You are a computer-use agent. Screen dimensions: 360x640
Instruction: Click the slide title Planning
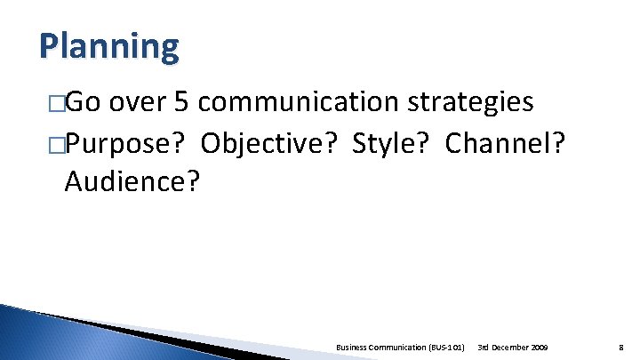pyautogui.click(x=108, y=46)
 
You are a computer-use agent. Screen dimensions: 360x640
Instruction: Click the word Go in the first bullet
pyautogui.click(x=84, y=103)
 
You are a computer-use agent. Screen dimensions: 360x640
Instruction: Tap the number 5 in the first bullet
pyautogui.click(x=181, y=103)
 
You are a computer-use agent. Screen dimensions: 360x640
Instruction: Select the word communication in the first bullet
pyautogui.click(x=298, y=103)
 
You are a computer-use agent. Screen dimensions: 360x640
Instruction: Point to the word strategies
pyautogui.click(x=470, y=103)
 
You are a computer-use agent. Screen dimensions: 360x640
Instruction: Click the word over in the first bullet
pyautogui.click(x=140, y=103)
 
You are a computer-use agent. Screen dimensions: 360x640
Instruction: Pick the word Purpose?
pyautogui.click(x=127, y=143)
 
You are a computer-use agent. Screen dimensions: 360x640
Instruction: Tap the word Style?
pyautogui.click(x=390, y=143)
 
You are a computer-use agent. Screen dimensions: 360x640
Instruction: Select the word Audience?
pyautogui.click(x=132, y=182)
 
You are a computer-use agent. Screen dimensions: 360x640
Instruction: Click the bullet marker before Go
pyautogui.click(x=57, y=105)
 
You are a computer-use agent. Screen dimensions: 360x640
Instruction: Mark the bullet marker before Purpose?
pyautogui.click(x=57, y=145)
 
